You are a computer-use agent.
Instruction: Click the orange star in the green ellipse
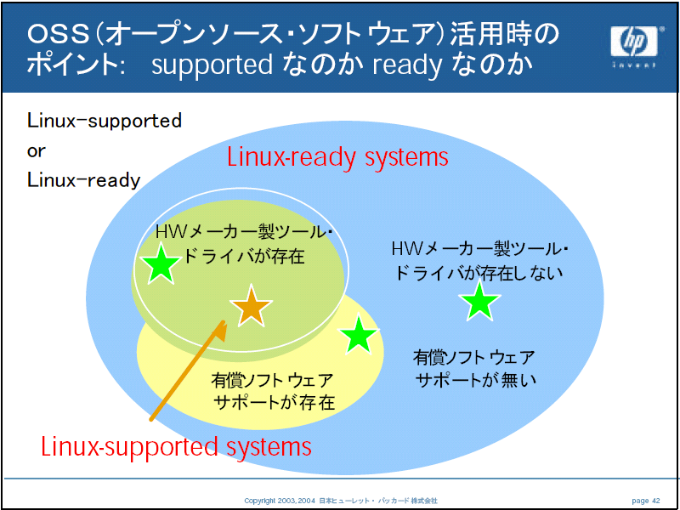(251, 306)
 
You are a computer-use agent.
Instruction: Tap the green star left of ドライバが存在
(161, 264)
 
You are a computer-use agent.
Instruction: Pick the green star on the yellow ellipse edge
(358, 334)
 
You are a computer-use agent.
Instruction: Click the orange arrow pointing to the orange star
(188, 370)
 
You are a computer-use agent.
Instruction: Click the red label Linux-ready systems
(337, 158)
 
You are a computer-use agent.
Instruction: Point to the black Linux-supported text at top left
(105, 122)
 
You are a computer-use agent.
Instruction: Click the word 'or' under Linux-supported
(37, 152)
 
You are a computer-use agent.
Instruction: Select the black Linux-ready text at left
(84, 181)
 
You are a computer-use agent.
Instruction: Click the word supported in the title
(212, 66)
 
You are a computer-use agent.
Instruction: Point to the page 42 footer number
(646, 501)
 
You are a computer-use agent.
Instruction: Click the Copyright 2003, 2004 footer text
(281, 501)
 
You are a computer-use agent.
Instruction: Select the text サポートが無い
(476, 380)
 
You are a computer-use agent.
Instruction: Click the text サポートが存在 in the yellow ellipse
(275, 402)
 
